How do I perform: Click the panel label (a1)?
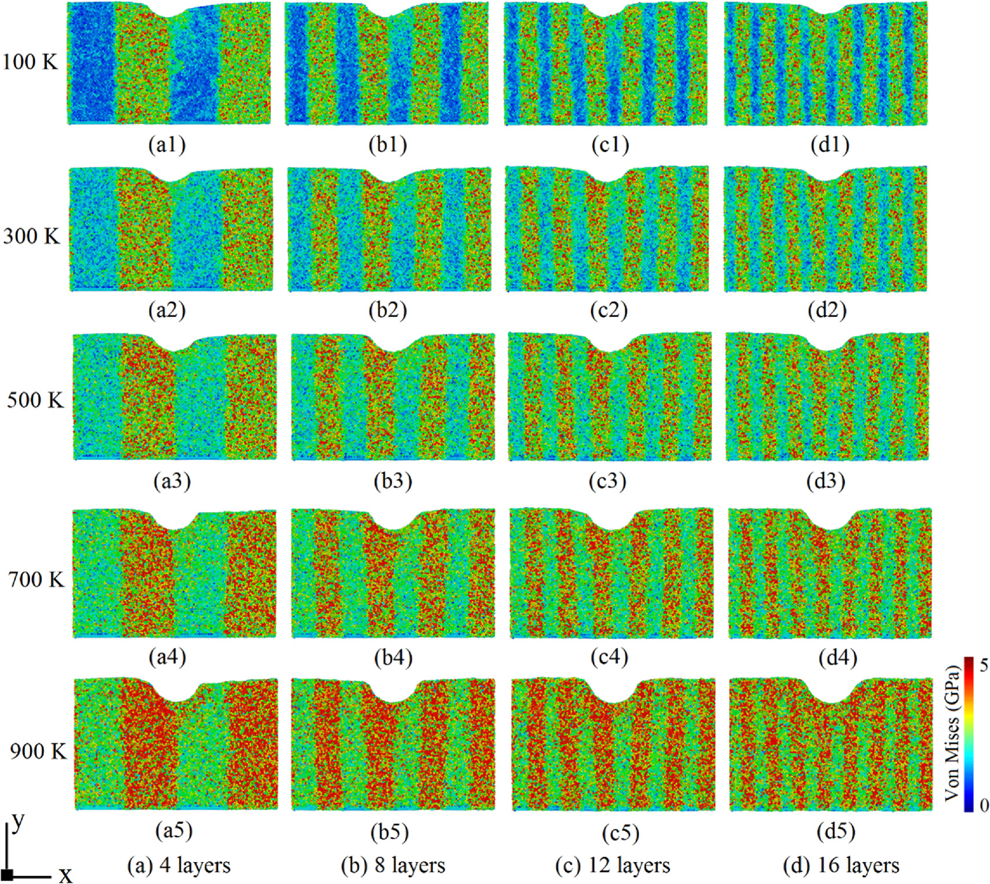pyautogui.click(x=167, y=145)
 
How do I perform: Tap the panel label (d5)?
pyautogui.click(x=836, y=831)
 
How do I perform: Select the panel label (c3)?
pyautogui.click(x=608, y=481)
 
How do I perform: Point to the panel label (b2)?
pyautogui.click(x=388, y=310)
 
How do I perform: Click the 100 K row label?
pyautogui.click(x=30, y=62)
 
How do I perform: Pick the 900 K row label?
pyautogui.click(x=38, y=751)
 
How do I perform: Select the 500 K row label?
pyautogui.click(x=35, y=400)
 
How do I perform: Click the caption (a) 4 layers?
pyautogui.click(x=178, y=865)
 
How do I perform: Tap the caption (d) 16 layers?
pyautogui.click(x=841, y=865)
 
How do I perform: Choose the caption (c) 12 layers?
pyautogui.click(x=612, y=865)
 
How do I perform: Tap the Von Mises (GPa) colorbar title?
pyautogui.click(x=952, y=734)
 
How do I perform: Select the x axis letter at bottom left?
pyautogui.click(x=65, y=875)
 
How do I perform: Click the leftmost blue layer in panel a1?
pyautogui.click(x=91, y=64)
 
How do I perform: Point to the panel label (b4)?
pyautogui.click(x=393, y=658)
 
